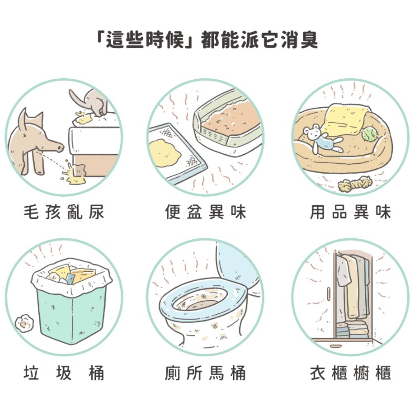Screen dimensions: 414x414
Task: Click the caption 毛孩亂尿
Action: click(64, 213)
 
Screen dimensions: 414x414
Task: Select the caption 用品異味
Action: click(350, 213)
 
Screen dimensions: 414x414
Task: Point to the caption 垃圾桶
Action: click(64, 373)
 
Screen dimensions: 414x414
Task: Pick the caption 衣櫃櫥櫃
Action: click(350, 373)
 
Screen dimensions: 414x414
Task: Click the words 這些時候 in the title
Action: click(148, 39)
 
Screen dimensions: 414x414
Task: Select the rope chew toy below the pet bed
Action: click(355, 184)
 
